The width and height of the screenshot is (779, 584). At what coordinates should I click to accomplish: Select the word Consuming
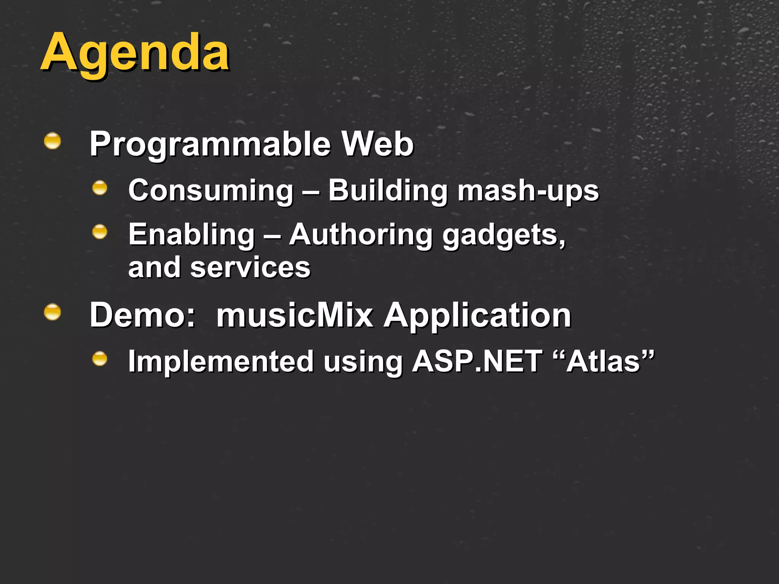click(x=211, y=191)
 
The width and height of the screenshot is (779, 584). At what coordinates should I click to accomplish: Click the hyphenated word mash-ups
click(x=528, y=191)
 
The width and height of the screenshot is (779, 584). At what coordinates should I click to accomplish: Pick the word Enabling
click(x=191, y=235)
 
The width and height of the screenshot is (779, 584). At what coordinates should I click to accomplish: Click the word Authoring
click(x=361, y=235)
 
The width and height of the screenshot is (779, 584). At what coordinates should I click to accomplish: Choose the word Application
click(x=477, y=316)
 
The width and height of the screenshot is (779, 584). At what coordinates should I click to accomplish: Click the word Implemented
click(x=221, y=361)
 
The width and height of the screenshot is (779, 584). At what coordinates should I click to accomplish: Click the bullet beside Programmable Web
click(x=52, y=141)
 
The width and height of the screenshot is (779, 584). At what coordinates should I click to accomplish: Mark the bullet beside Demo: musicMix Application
click(x=52, y=313)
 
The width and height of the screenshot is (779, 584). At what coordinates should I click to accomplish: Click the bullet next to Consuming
click(x=100, y=188)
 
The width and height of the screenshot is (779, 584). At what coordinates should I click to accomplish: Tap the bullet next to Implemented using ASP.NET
click(x=100, y=359)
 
